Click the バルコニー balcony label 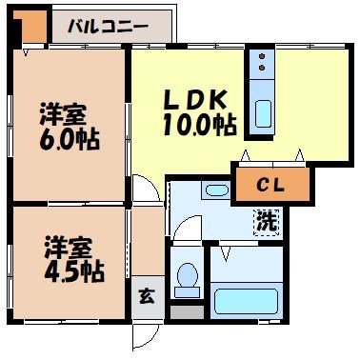pos(108,26)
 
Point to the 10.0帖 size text pos(199,125)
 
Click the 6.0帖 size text pos(70,137)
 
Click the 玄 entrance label pos(147,294)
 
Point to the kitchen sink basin pos(262,113)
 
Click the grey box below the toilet pos(187,310)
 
